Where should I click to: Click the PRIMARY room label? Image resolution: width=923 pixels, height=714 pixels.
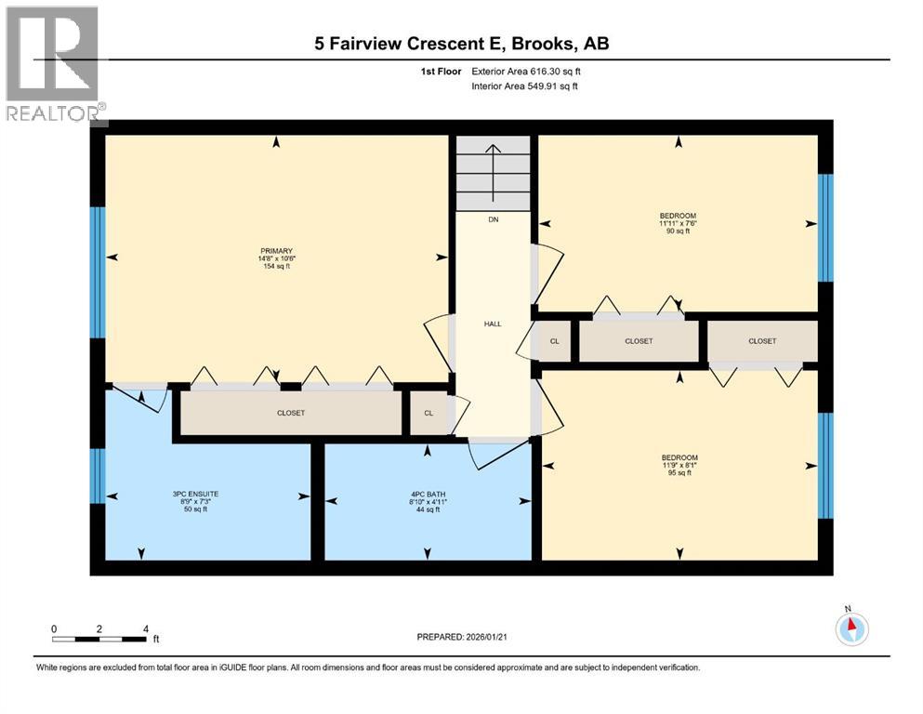click(276, 251)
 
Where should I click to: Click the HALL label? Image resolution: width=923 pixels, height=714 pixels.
click(493, 324)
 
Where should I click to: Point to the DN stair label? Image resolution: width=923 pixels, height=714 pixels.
click(494, 221)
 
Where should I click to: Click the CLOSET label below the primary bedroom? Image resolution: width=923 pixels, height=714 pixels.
click(291, 413)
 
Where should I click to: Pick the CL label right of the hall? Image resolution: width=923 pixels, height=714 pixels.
click(555, 341)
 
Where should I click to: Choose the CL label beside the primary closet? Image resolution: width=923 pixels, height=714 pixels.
click(429, 413)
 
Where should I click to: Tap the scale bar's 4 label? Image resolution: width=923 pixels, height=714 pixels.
click(145, 628)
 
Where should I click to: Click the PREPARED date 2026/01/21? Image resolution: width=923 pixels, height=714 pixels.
click(462, 637)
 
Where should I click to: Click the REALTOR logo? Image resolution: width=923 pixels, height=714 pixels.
click(54, 65)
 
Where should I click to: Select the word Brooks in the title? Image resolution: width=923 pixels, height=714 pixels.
click(550, 44)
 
